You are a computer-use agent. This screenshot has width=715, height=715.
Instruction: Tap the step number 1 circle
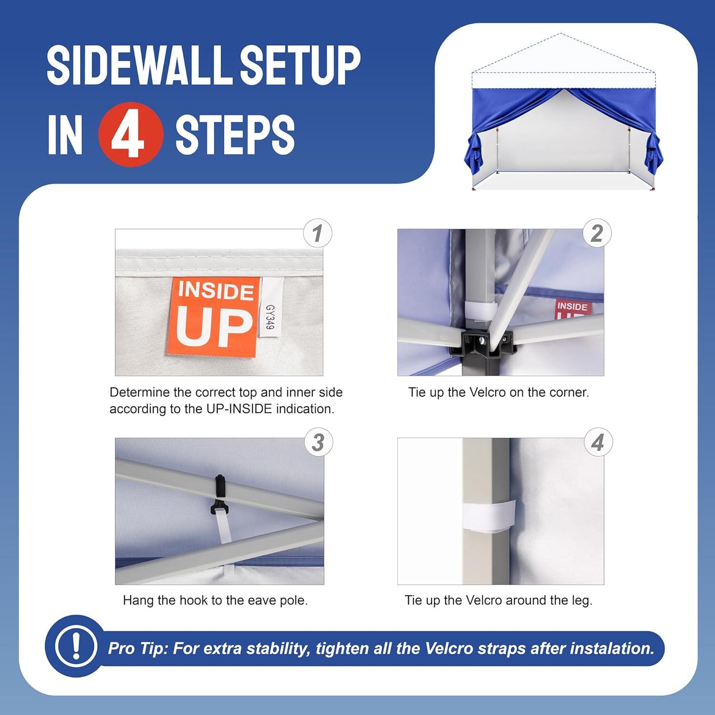pyautogui.click(x=318, y=234)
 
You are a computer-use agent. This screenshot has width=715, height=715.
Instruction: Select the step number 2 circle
pyautogui.click(x=597, y=234)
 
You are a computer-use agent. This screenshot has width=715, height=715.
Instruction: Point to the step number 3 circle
pyautogui.click(x=318, y=442)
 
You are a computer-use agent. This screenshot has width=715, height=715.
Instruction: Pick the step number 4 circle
pyautogui.click(x=598, y=442)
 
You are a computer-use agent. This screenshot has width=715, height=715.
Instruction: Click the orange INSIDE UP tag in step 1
pyautogui.click(x=214, y=317)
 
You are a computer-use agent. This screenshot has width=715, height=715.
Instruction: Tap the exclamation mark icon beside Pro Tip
pyautogui.click(x=75, y=646)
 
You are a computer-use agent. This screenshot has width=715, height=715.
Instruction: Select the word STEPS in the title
pyautogui.click(x=235, y=135)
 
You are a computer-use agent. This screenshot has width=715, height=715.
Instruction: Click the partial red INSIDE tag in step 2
pyautogui.click(x=573, y=308)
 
